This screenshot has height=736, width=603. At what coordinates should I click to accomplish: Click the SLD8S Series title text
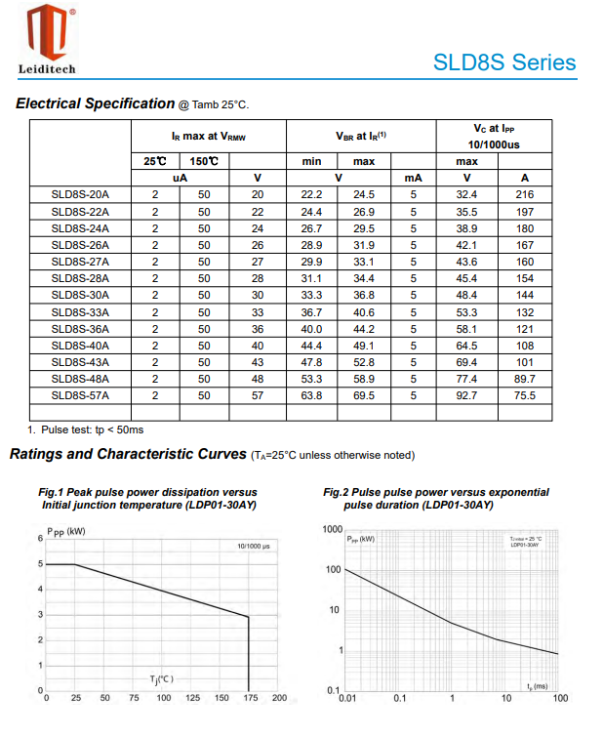point(504,62)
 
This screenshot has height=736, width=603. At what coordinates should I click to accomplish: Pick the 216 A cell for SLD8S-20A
point(525,194)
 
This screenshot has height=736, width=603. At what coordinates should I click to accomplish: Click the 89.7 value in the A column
point(525,379)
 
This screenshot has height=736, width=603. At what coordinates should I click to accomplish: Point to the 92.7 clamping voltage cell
point(466,395)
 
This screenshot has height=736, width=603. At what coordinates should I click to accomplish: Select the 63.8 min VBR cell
point(311,395)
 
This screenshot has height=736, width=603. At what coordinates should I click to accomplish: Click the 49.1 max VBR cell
point(364,346)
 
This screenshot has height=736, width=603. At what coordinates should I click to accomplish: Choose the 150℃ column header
point(204,161)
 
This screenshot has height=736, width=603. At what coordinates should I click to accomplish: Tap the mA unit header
point(413,178)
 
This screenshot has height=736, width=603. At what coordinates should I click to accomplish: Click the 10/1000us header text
point(494,144)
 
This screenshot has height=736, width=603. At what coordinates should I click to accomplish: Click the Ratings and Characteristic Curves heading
point(127,454)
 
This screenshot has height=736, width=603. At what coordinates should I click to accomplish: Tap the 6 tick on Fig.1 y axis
point(40,538)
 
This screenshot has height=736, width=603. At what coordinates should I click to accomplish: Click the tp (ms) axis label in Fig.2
point(537,686)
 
